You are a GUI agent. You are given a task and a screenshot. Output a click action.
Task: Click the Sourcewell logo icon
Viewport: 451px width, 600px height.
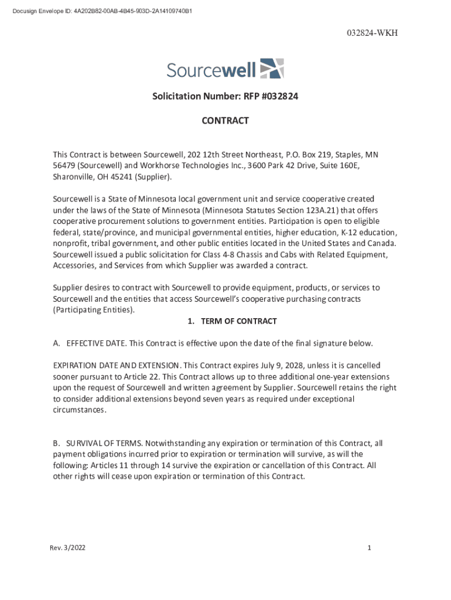272,68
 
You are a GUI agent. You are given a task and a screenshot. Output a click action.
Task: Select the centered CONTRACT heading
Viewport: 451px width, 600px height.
225,121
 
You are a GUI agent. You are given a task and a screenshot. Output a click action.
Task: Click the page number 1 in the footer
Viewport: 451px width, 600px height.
370,548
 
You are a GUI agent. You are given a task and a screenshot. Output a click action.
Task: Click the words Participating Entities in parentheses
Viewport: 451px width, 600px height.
94,310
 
